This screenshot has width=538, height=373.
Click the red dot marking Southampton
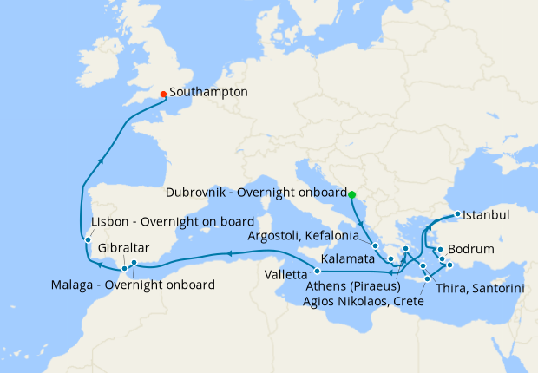[x=163, y=94]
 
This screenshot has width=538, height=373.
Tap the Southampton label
[x=209, y=91]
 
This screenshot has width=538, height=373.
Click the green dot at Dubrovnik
[x=351, y=193]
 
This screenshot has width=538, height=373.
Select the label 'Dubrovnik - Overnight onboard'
[x=257, y=193]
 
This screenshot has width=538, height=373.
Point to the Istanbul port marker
[x=458, y=214]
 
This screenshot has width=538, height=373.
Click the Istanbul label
[x=486, y=214]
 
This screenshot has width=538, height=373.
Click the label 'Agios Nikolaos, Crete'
[x=364, y=301]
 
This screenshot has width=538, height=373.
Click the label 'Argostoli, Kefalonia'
[x=303, y=235]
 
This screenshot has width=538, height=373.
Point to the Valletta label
[x=285, y=273]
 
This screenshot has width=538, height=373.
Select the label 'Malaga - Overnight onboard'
[x=133, y=284]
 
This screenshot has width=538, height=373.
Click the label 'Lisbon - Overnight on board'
[x=173, y=221]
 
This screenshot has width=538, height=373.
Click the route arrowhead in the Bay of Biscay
[x=102, y=160]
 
